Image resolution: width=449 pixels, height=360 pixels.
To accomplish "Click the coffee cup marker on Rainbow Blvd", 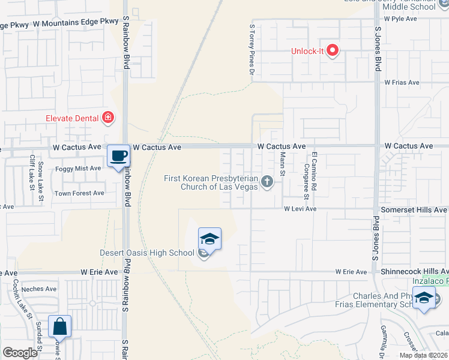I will click(x=118, y=156).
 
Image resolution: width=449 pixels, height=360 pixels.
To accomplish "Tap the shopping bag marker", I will click(x=59, y=327).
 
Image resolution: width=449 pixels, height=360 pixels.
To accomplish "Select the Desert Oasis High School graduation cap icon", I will click(x=209, y=239).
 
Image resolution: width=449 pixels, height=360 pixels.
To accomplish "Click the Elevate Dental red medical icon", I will click(x=108, y=118).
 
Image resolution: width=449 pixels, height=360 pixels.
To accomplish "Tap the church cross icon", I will click(x=267, y=181).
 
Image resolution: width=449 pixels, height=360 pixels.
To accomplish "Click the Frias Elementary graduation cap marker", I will click(x=424, y=298).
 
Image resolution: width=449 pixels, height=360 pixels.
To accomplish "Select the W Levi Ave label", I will click(x=300, y=209).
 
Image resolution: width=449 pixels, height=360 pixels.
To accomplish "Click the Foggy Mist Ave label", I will click(x=78, y=169).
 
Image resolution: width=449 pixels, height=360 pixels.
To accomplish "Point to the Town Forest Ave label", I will click(x=79, y=193).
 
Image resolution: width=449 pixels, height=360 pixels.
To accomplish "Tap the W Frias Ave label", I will click(x=400, y=82).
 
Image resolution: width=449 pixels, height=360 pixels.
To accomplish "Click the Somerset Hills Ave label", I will click(x=415, y=210).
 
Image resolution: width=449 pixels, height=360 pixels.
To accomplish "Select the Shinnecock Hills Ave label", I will click(x=414, y=272).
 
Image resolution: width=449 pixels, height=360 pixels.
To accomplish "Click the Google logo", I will click(x=19, y=353).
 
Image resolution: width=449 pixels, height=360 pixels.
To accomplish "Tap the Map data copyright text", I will click(x=423, y=355).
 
